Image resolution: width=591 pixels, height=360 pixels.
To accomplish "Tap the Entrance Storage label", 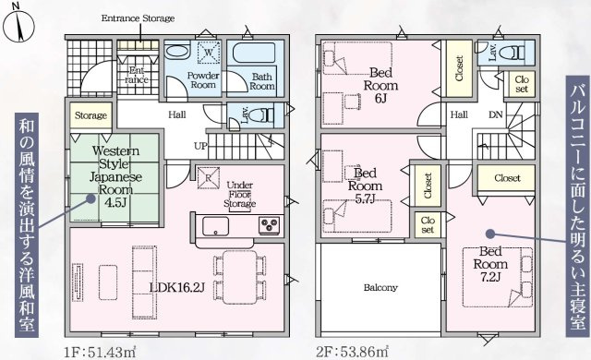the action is click(x=138, y=18).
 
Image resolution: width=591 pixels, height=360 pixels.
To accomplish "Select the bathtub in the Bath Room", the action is click(x=255, y=54).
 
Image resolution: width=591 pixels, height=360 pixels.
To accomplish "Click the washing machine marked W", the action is click(x=208, y=52).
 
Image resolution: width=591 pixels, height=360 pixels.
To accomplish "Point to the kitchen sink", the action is click(x=215, y=226).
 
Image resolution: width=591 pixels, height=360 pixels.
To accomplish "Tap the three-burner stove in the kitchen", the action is click(x=269, y=225).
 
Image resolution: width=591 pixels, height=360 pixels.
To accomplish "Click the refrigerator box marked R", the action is click(x=208, y=177).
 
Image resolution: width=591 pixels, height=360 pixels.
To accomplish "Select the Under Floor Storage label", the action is click(x=240, y=195).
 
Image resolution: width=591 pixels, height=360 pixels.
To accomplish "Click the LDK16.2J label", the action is click(x=177, y=288).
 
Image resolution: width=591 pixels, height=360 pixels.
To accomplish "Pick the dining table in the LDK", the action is click(x=240, y=277).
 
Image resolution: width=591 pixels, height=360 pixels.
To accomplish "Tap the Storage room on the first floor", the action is click(x=90, y=115).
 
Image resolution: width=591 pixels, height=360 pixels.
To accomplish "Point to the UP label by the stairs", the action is click(x=200, y=146).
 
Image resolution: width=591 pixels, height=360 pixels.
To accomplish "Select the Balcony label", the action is click(x=380, y=288).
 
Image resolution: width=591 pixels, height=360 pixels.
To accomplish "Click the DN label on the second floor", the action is click(x=496, y=114).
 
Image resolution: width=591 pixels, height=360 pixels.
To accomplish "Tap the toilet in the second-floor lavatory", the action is click(x=512, y=53).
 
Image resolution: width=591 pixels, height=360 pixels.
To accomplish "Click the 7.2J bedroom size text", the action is click(x=490, y=278).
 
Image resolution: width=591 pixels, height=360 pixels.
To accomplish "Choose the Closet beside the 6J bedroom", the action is click(x=459, y=67).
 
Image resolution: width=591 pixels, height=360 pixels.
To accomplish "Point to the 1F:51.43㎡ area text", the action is click(x=100, y=353).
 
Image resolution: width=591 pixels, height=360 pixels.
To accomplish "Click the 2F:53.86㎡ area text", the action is click(x=352, y=353).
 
